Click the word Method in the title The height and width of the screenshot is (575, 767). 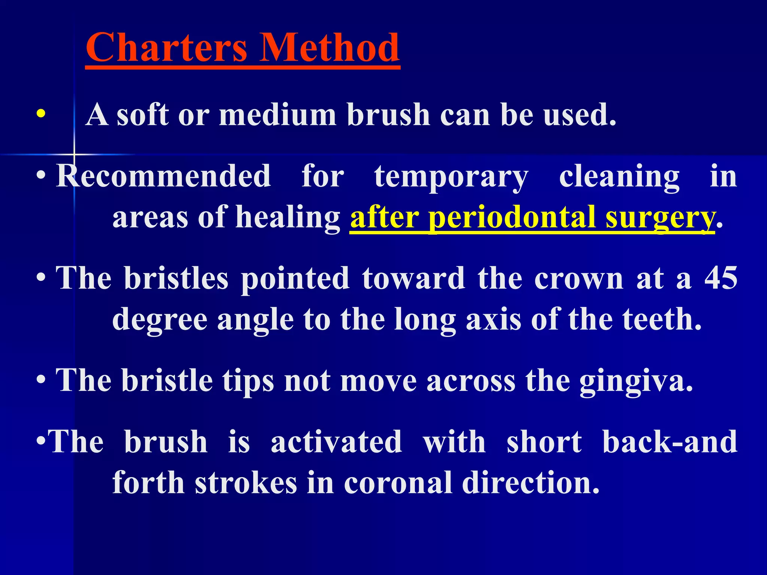330,48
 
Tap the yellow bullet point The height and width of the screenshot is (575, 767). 41,114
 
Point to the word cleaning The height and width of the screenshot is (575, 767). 619,177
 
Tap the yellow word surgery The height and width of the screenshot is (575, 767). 659,218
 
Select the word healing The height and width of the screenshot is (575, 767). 288,218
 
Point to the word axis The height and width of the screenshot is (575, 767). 493,319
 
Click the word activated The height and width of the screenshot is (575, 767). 336,442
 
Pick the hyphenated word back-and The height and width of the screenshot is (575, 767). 670,442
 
